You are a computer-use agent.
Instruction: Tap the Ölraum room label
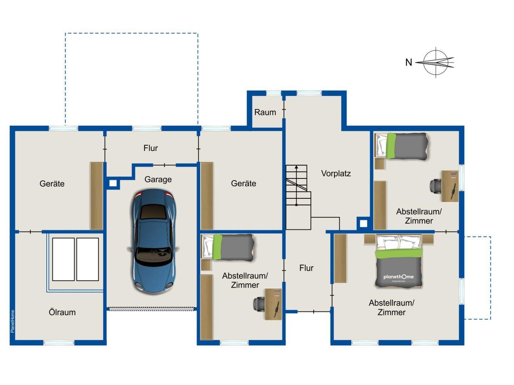coord(62,312)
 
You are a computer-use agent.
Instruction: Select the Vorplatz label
coord(336,173)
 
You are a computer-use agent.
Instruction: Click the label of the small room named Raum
coord(265,112)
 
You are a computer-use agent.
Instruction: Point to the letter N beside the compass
coord(409,62)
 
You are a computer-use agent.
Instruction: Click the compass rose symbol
coord(435,62)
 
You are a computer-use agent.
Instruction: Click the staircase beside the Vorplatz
coord(298,197)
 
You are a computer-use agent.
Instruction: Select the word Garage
coord(158,179)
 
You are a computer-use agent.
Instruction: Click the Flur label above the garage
coord(151,148)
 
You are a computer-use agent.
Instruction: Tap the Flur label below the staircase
coord(306,268)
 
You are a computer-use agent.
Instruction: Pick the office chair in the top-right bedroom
coord(435,186)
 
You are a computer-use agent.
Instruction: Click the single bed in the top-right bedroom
coord(401,146)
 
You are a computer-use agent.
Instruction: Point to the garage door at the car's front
coord(152,309)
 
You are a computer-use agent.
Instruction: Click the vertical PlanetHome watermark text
coord(12,321)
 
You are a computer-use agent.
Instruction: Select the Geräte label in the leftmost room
coord(52,183)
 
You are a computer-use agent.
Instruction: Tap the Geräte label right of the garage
coord(243,183)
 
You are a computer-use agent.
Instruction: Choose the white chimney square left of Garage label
coord(113,183)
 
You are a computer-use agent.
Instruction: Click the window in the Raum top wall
coord(273,93)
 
